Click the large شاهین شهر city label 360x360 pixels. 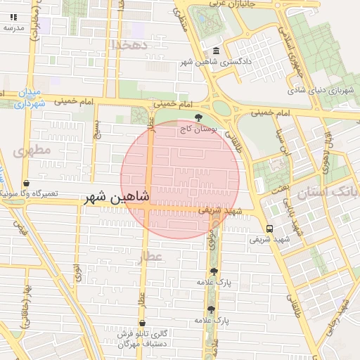tap(117, 198)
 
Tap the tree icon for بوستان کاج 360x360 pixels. tap(200, 117)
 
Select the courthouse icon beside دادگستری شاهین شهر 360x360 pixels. tap(215, 51)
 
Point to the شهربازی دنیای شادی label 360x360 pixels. tap(323, 90)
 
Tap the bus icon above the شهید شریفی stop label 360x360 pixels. tap(269, 229)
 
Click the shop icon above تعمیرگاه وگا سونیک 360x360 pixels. tap(27, 183)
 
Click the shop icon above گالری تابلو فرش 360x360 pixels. tap(142, 323)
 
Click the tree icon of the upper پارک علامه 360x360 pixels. tap(214, 271)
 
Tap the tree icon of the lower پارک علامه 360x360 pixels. tap(210, 309)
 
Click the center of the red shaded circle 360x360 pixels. tap(180, 179)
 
